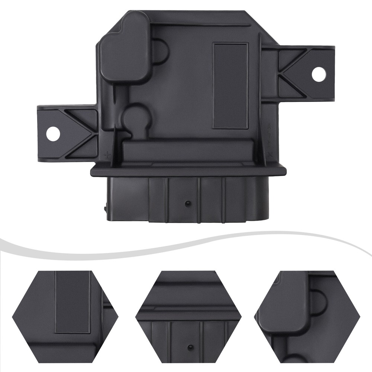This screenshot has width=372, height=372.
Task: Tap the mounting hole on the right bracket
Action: pos(318,74)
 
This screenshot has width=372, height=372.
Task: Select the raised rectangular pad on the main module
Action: pos(230,86)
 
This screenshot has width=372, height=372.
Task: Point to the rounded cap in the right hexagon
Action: pos(288,303)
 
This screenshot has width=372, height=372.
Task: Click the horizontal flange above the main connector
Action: pos(188,171)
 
